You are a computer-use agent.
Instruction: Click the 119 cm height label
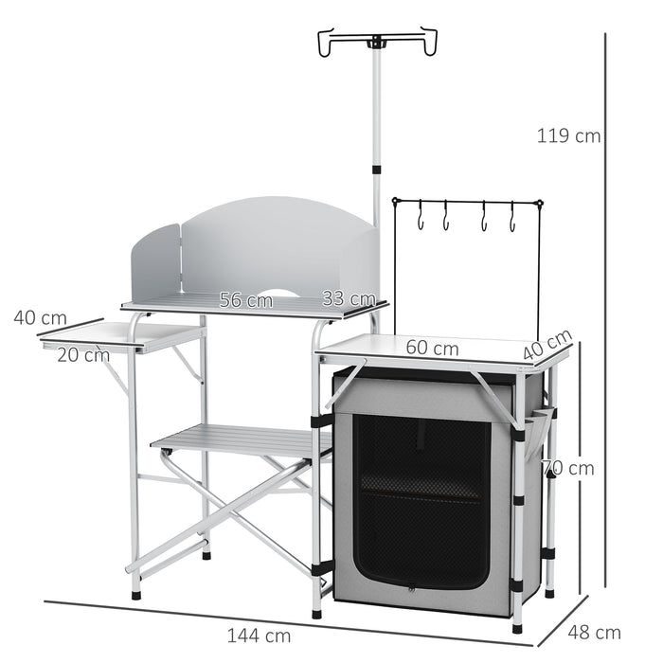(568, 135)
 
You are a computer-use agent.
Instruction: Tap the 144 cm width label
(259, 635)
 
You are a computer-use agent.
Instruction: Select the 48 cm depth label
(599, 632)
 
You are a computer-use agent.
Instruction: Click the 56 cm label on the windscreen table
(245, 300)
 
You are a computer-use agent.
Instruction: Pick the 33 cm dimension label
(346, 298)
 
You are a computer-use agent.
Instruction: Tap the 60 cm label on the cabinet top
(432, 348)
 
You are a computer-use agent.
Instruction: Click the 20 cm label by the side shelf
(83, 355)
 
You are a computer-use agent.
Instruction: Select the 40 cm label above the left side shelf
(40, 317)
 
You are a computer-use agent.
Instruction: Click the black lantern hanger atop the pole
(378, 43)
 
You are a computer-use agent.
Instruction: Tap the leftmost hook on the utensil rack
(418, 217)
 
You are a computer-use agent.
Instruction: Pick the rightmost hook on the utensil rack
(512, 217)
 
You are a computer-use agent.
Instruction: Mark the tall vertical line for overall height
(604, 313)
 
